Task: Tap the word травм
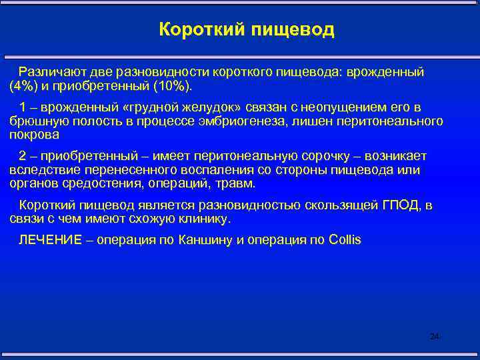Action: click(x=236, y=183)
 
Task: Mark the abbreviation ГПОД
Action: click(x=399, y=205)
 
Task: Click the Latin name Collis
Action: click(x=345, y=240)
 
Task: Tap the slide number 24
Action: click(x=435, y=337)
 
